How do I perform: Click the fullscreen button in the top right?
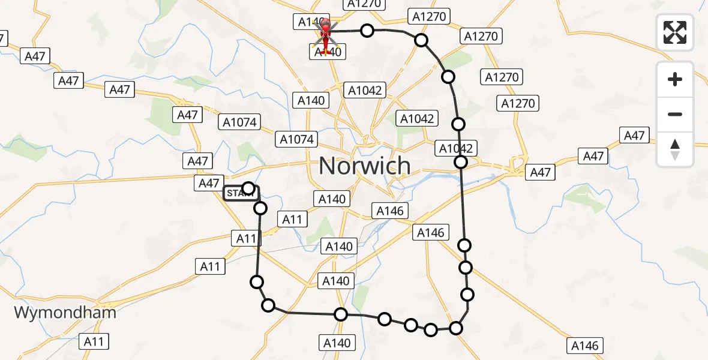pyautogui.click(x=675, y=32)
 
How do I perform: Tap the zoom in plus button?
pyautogui.click(x=675, y=79)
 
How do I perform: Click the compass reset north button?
pyautogui.click(x=675, y=149)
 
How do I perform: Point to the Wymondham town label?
pyautogui.click(x=65, y=313)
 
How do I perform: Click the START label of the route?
pyautogui.click(x=241, y=193)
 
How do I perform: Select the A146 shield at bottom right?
pyautogui.click(x=584, y=346)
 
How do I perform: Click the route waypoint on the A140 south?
pyautogui.click(x=341, y=314)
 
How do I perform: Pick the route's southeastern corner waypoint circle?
pyautogui.click(x=456, y=328)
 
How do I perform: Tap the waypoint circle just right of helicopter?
pyautogui.click(x=367, y=31)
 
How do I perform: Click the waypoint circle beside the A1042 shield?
pyautogui.click(x=461, y=162)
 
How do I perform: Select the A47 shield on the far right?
pyautogui.click(x=634, y=136)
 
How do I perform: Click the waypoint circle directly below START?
pyautogui.click(x=260, y=208)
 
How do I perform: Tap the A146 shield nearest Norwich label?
pyautogui.click(x=391, y=210)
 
